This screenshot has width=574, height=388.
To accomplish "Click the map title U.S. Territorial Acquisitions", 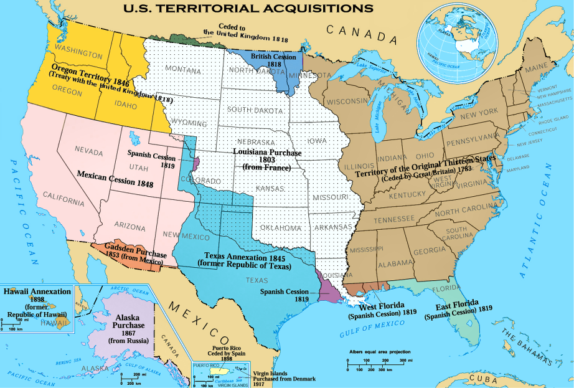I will click(248, 9).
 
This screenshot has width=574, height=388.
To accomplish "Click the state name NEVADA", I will click(89, 149).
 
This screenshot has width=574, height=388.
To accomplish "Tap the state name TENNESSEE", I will click(394, 219).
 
